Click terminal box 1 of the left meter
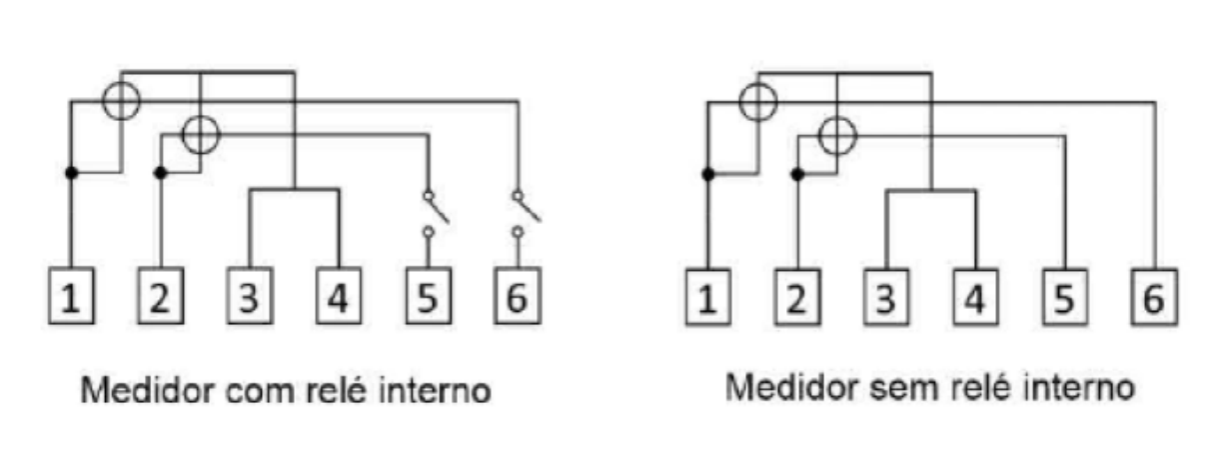[x=71, y=296]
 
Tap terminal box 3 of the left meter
[x=250, y=296]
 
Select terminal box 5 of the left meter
[x=429, y=296]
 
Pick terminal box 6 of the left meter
[x=518, y=296]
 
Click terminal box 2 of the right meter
[x=797, y=298]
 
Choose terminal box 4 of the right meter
[x=976, y=298]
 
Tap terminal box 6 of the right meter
[x=1154, y=298]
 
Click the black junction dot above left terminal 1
[x=71, y=173]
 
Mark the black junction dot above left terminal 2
[x=160, y=173]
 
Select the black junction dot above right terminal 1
[x=708, y=175]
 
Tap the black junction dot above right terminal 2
[x=797, y=175]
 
